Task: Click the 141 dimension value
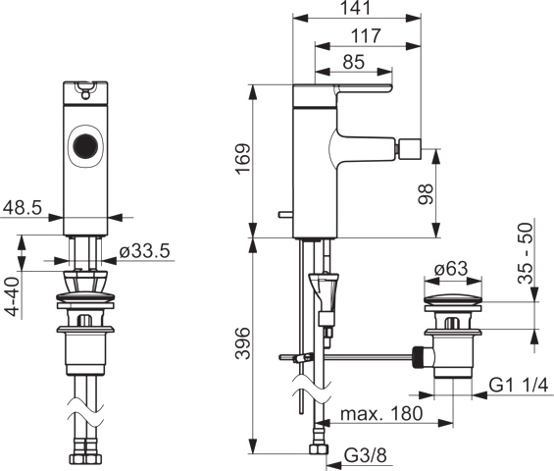point(357,8)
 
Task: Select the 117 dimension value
point(366,35)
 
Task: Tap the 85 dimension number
point(354,62)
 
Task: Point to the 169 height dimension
point(243,158)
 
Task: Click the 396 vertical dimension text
point(243,343)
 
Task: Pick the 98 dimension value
point(426,193)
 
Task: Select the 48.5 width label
point(23,208)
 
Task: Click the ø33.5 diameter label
point(145,251)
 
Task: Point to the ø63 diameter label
point(451,269)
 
